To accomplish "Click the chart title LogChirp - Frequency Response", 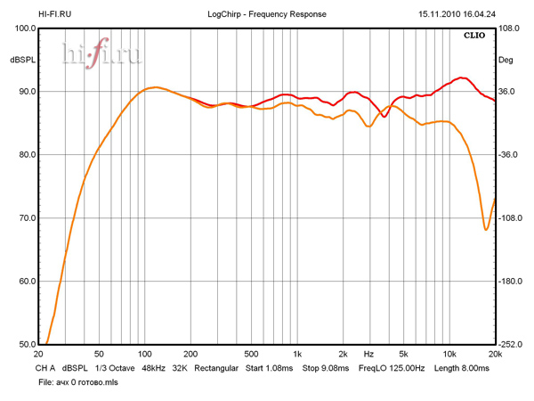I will tap(266, 14).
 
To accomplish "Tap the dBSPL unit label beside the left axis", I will tap(22, 61).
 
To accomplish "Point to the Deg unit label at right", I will tap(506, 61).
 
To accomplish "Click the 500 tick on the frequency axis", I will tap(251, 354).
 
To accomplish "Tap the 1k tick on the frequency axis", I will tap(297, 354).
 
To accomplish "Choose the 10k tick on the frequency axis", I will tap(449, 354).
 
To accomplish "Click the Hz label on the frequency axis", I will tap(368, 354).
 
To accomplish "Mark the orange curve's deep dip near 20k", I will tap(486, 230).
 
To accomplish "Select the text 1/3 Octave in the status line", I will tap(114, 367).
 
